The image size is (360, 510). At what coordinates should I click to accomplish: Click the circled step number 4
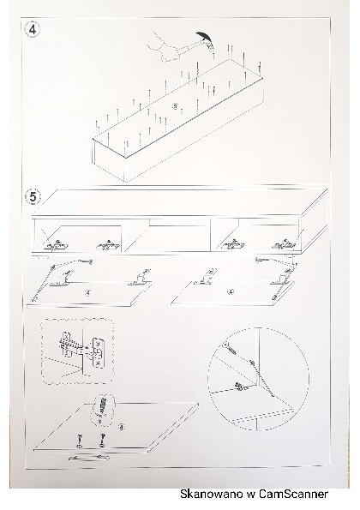[x=33, y=30]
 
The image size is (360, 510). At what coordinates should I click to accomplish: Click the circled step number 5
[x=33, y=197]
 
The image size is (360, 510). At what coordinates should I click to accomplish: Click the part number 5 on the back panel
[x=175, y=105]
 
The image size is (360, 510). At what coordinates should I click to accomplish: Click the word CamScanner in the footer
[x=292, y=494]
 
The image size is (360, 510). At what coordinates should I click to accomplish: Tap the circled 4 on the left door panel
[x=87, y=292]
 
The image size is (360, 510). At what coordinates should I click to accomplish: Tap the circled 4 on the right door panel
[x=231, y=291]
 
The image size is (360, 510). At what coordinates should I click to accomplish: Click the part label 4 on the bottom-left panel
[x=121, y=426]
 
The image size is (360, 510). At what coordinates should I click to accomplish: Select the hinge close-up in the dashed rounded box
[x=77, y=351]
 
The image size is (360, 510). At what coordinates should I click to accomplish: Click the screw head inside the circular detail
[x=225, y=345]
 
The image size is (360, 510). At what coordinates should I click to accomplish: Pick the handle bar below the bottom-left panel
[x=88, y=458]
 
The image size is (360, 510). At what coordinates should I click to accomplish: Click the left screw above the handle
[x=80, y=441]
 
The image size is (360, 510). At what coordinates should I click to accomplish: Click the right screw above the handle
[x=103, y=440]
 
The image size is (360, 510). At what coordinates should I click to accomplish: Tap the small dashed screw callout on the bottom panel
[x=103, y=410]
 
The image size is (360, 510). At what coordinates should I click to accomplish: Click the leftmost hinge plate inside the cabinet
[x=57, y=245]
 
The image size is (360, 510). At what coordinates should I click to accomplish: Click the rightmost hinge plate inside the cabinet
[x=284, y=245]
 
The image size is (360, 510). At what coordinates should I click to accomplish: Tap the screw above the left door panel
[x=84, y=261]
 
